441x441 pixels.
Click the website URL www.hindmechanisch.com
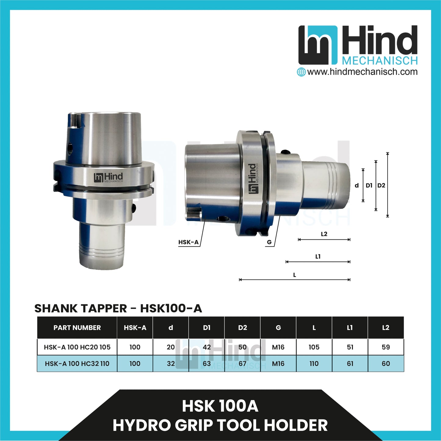pos(362,72)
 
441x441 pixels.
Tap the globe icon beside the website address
pos(301,72)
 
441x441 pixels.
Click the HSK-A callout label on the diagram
pos(188,242)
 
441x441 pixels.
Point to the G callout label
pos(269,242)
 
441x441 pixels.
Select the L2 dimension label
pos(324,234)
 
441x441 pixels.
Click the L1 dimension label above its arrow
pos(318,257)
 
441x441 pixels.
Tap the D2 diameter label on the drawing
pos(381,185)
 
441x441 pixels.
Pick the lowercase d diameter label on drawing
pos(356,185)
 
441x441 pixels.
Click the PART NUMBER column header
pos(77,328)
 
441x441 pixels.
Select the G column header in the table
pos(278,328)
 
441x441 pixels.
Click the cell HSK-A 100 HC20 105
pos(77,347)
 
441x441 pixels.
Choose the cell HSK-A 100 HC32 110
pos(77,364)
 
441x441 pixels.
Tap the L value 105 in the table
pos(314,347)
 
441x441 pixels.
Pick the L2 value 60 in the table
pos(386,364)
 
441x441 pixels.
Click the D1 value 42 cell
pos(207,347)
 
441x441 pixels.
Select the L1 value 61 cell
pos(350,364)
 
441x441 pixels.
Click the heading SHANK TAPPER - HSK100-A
pos(118,309)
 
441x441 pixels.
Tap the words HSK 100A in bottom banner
pos(220,406)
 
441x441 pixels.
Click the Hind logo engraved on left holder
pos(108,177)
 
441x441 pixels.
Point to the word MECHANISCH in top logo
pos(380,61)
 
